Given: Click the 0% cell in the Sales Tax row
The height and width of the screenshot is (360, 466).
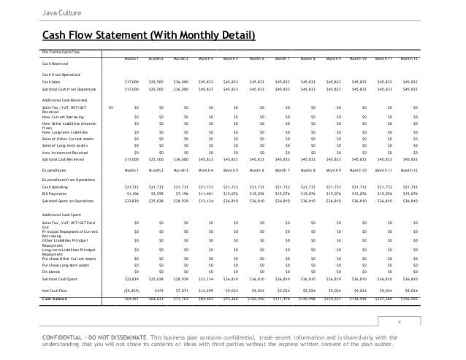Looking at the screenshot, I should click(110, 107).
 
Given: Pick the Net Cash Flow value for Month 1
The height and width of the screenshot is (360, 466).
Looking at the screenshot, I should click(129, 289).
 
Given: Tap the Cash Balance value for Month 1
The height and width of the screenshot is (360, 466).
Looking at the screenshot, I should click(130, 298).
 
